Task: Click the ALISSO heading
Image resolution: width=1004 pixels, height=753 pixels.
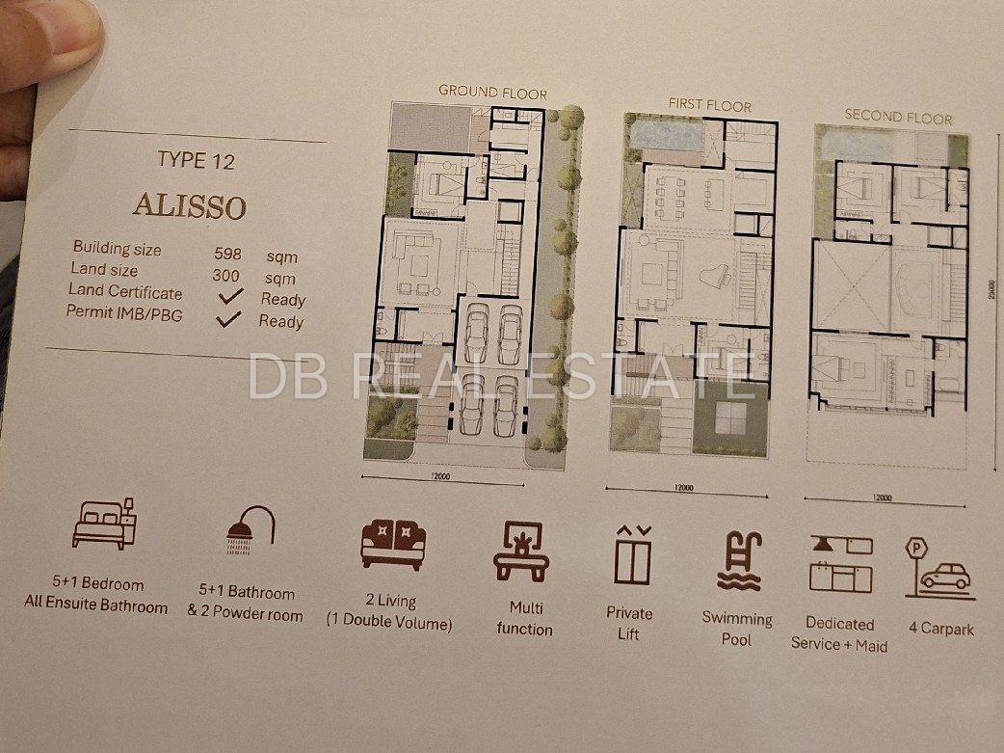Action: pyautogui.click(x=190, y=206)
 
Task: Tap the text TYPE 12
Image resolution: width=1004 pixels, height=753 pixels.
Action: pyautogui.click(x=197, y=160)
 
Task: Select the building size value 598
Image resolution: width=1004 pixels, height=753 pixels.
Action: pyautogui.click(x=228, y=254)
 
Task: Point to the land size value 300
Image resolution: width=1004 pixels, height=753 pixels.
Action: pyautogui.click(x=226, y=276)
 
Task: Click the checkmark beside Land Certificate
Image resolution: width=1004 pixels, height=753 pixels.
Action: pyautogui.click(x=230, y=295)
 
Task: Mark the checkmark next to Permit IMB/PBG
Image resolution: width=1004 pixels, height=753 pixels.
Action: pyautogui.click(x=228, y=318)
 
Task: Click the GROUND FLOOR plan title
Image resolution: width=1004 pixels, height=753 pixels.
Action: pyautogui.click(x=492, y=93)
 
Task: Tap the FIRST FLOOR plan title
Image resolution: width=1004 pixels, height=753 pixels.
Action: pyautogui.click(x=709, y=105)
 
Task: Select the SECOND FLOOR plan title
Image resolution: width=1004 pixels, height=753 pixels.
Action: pyautogui.click(x=898, y=117)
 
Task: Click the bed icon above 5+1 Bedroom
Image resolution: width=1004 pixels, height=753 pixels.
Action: pyautogui.click(x=104, y=524)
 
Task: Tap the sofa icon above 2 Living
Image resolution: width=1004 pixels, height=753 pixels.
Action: pyautogui.click(x=393, y=544)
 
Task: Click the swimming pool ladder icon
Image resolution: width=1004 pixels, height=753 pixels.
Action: pyautogui.click(x=740, y=561)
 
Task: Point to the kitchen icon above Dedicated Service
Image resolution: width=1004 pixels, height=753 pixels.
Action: pyautogui.click(x=841, y=565)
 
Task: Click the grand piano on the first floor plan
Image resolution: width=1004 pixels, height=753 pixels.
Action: pyautogui.click(x=717, y=280)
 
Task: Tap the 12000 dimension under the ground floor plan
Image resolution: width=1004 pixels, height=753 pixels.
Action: pyautogui.click(x=441, y=476)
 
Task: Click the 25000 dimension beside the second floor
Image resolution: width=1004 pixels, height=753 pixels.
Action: pyautogui.click(x=991, y=290)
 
